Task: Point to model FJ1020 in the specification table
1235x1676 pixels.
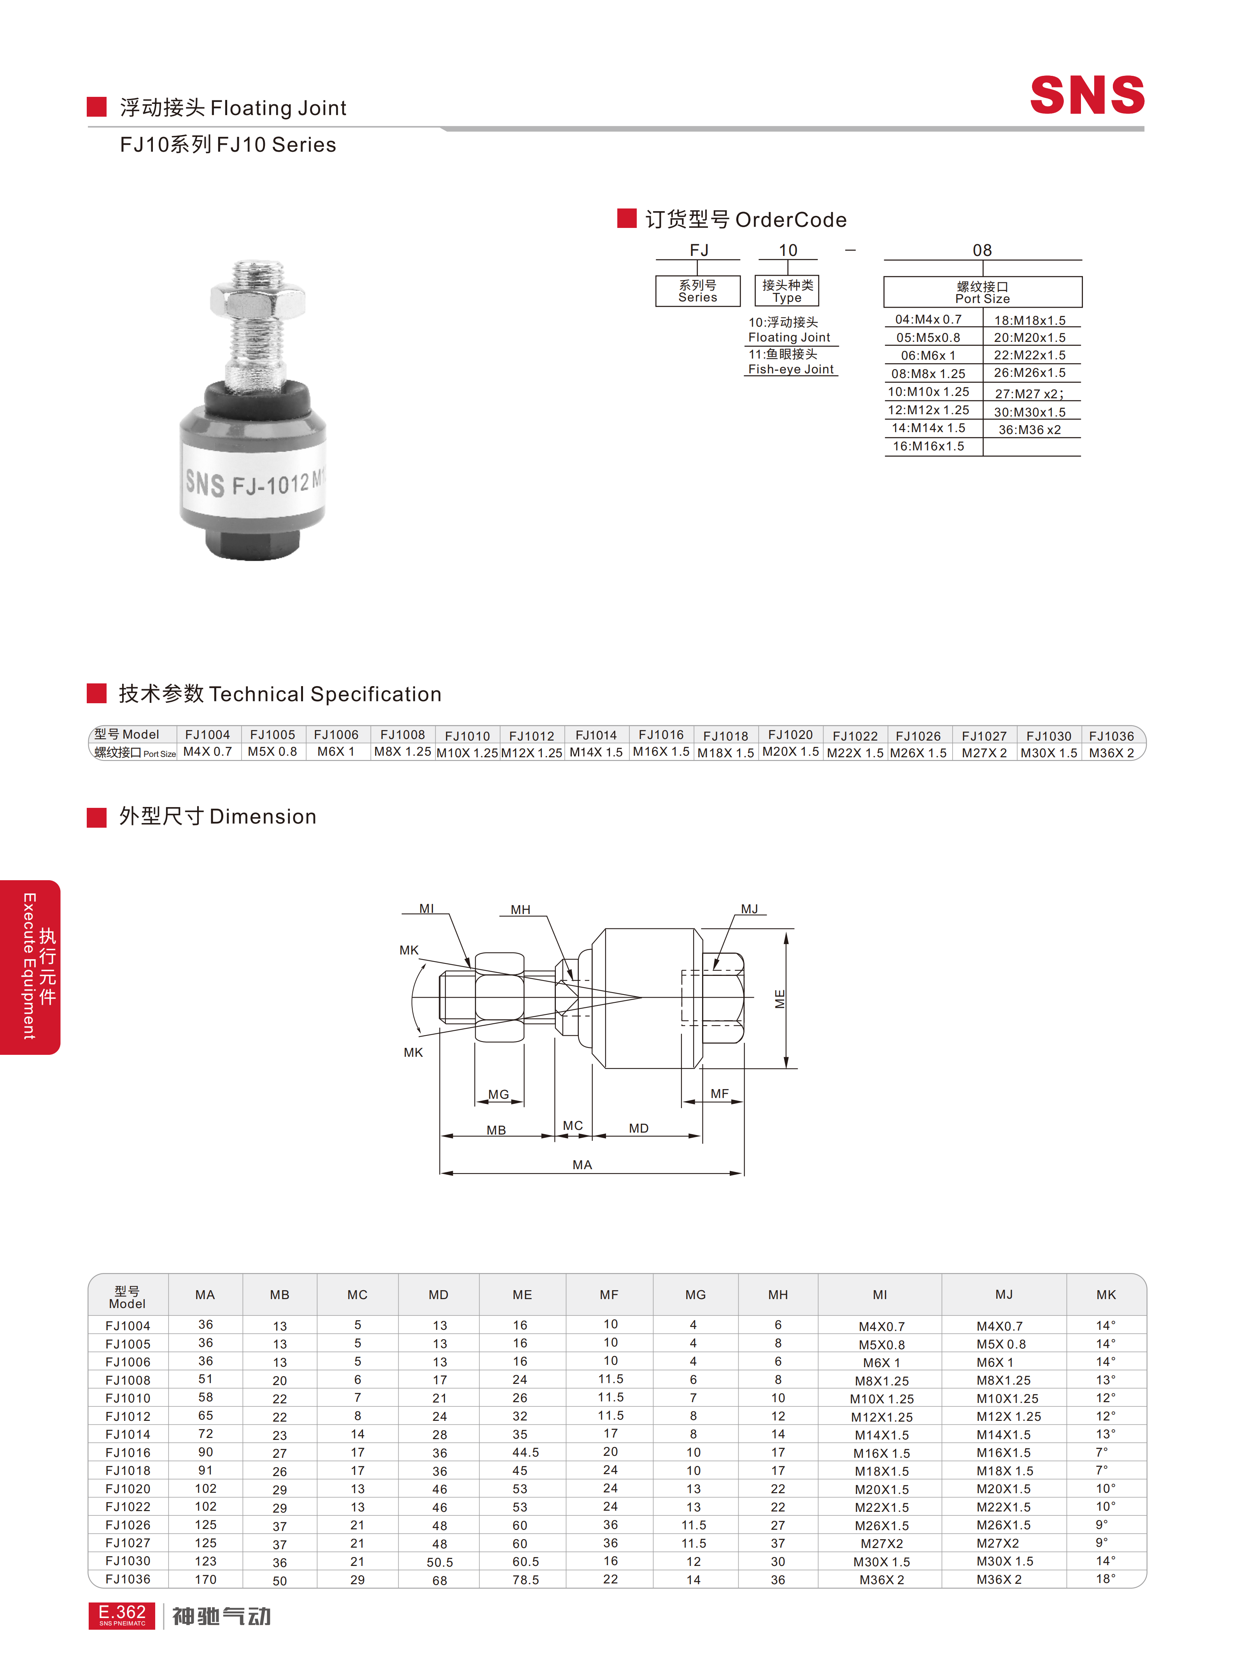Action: [790, 735]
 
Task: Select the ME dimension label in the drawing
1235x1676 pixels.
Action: [780, 999]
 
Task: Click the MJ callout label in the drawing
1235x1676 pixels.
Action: [749, 909]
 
